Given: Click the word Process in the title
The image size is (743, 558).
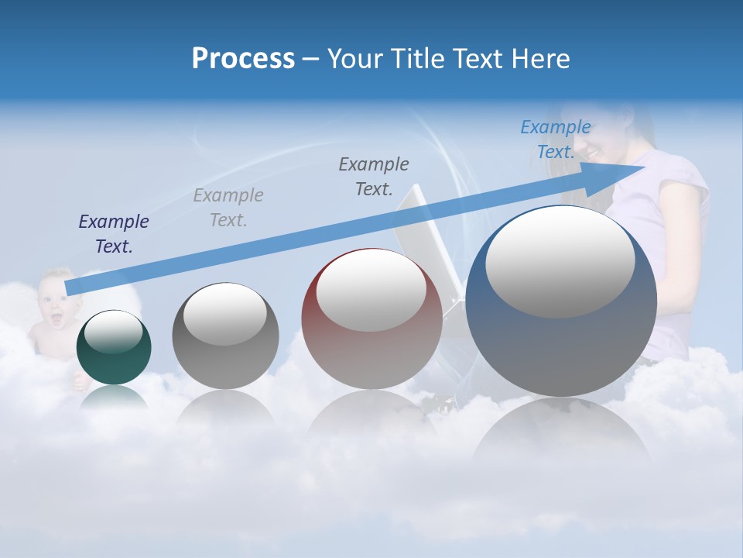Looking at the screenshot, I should coord(243,59).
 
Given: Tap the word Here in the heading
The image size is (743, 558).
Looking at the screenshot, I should coord(539,59).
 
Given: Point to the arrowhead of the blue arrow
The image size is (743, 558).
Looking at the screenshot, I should coord(631,170).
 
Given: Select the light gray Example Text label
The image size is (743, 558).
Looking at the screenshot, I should coord(228,208).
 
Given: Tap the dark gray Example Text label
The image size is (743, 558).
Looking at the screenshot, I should coord(374,177).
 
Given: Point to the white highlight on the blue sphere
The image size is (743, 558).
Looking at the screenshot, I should coord(560,262).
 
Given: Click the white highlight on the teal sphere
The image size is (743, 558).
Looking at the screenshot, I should coord(113,332).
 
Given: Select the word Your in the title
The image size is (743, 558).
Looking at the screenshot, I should coord(354,59).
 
